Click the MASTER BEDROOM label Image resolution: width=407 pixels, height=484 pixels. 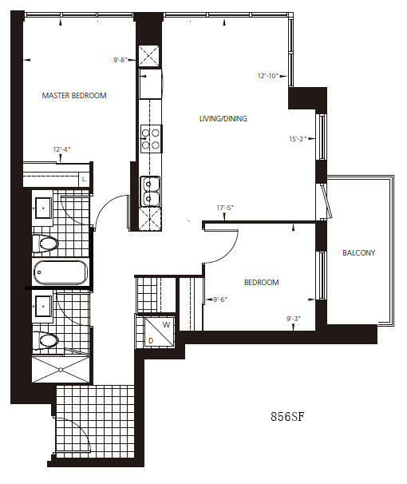(x=74, y=96)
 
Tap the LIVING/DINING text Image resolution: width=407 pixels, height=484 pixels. (x=223, y=118)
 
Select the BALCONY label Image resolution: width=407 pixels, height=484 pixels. (x=359, y=253)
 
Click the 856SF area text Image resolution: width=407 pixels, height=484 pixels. (x=287, y=417)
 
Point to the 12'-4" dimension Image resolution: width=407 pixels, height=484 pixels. (x=62, y=149)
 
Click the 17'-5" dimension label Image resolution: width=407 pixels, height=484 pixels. (x=225, y=208)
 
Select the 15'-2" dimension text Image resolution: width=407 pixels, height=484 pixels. (x=298, y=139)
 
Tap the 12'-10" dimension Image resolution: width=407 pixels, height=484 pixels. (x=268, y=76)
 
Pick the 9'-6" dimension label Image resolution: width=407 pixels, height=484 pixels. (x=220, y=300)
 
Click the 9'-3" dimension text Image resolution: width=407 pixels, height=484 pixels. (x=294, y=319)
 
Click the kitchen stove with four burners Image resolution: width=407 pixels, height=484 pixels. (x=151, y=139)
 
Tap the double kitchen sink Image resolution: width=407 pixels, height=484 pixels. (x=150, y=192)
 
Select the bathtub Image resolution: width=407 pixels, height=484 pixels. (x=61, y=272)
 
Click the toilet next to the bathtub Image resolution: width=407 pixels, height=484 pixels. (x=45, y=244)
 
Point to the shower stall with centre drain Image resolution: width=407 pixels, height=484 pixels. (x=61, y=370)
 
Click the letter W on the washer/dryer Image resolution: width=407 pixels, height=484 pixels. (x=166, y=325)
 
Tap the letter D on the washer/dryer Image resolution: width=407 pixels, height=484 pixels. (x=151, y=341)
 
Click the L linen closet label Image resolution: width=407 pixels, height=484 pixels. (x=84, y=180)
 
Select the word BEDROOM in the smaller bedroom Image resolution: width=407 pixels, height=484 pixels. (x=262, y=283)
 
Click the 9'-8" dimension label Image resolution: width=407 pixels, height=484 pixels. (x=121, y=60)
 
